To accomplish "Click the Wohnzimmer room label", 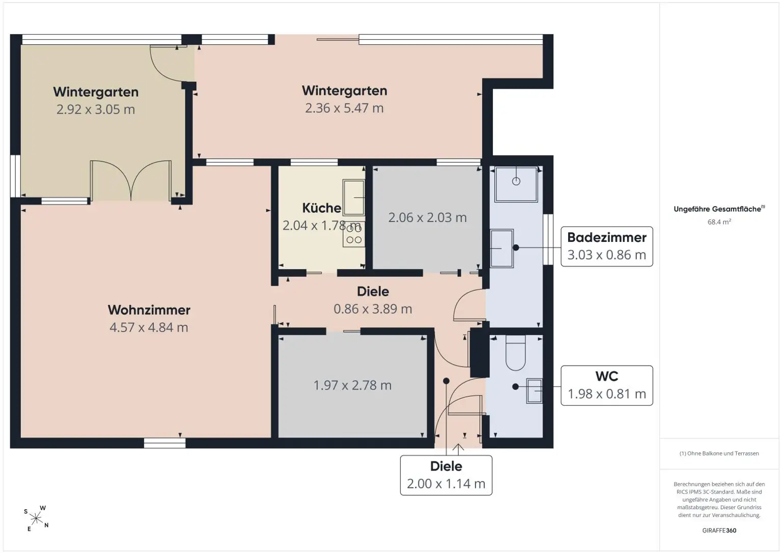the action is [149, 310].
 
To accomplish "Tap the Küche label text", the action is [322, 208].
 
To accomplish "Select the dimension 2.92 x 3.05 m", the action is [96, 109].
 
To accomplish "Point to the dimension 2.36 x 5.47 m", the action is [344, 108].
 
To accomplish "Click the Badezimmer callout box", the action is [607, 246].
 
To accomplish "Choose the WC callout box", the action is [607, 385].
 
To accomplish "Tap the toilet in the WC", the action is [516, 352].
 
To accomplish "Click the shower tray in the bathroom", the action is [516, 184].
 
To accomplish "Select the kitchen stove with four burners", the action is [354, 234].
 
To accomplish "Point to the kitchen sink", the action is [354, 197].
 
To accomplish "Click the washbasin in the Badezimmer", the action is [501, 248].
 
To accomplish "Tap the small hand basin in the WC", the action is [534, 391].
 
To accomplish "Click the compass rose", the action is [36, 518].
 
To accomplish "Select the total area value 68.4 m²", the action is [719, 222].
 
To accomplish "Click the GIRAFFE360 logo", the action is [719, 530].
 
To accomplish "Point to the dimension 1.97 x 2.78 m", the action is [352, 385].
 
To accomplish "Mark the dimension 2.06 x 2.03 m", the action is [427, 218].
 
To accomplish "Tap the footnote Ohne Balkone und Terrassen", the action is [719, 454].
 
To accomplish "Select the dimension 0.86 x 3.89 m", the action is [373, 309].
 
